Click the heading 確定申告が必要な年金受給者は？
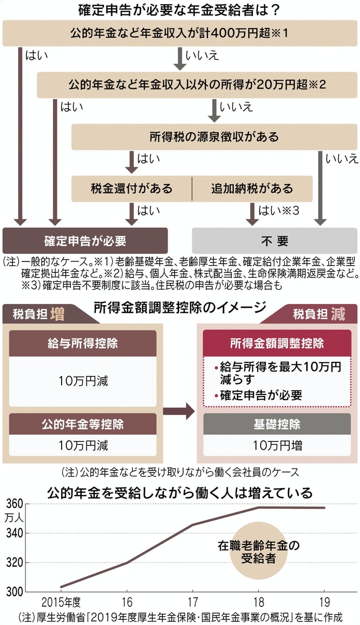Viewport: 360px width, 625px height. [179, 10]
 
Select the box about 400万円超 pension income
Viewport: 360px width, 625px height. [179, 34]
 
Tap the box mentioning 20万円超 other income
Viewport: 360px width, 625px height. [197, 84]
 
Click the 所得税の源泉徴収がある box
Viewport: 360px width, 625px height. [214, 137]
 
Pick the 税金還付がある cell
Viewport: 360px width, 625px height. [131, 188]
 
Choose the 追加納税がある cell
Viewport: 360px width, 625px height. [252, 188]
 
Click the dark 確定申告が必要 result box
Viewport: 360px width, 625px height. [85, 241]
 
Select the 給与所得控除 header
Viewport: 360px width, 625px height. [83, 344]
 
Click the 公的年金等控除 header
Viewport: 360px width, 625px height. [83, 425]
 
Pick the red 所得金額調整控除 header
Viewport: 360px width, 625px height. [277, 344]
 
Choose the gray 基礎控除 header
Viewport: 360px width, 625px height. [277, 425]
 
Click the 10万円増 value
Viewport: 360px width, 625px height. [277, 445]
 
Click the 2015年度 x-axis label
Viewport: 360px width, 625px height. [61, 602]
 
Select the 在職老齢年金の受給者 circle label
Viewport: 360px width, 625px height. [258, 552]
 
